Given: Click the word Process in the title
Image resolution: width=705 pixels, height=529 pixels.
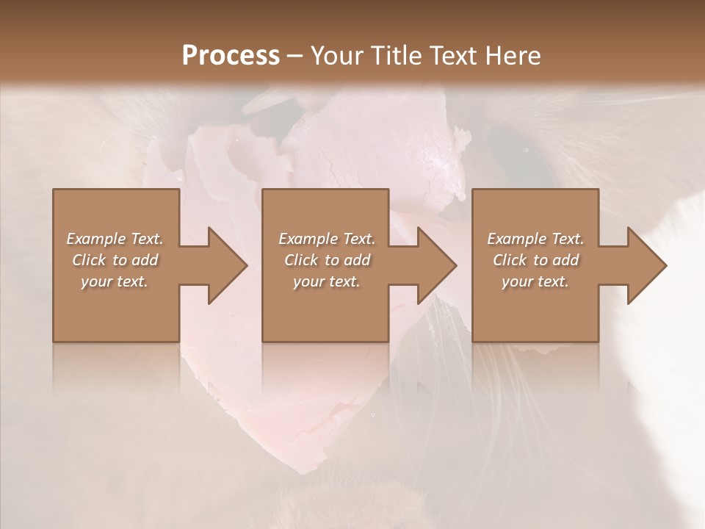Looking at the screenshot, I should [x=231, y=56].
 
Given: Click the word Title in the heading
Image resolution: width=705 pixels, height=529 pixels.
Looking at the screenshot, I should [x=393, y=56].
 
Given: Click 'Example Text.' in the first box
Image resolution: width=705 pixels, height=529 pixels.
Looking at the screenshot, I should [x=115, y=239].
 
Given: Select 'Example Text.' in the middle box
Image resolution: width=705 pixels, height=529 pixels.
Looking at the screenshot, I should [x=327, y=239].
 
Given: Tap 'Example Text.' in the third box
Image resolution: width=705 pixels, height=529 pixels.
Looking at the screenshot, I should [x=535, y=239].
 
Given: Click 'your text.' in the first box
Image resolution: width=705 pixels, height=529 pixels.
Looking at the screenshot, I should [x=115, y=281].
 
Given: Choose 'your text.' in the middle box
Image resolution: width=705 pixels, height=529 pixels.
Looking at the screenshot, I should [x=327, y=281].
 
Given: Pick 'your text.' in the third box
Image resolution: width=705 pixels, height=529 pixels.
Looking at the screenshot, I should [x=535, y=281].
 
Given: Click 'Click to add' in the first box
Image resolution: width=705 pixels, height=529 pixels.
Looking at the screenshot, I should [x=115, y=260].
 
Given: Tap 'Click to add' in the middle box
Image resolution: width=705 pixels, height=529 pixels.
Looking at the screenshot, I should [x=327, y=260].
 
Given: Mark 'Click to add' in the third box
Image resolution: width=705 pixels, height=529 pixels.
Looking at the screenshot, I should [x=535, y=260].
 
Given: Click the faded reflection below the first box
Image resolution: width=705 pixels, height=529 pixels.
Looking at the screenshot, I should [x=116, y=367].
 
